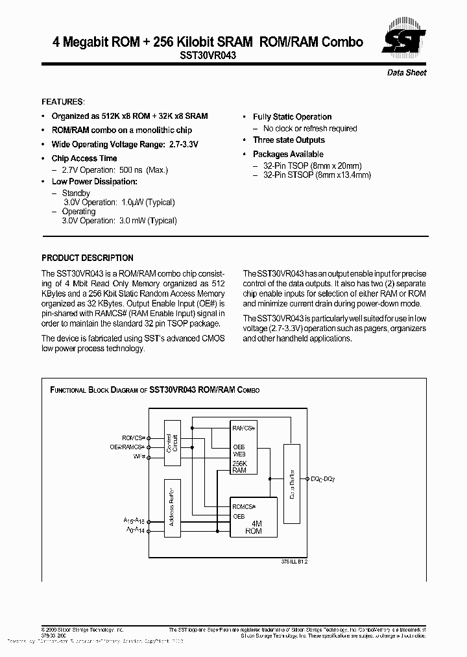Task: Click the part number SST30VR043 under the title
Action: (x=208, y=56)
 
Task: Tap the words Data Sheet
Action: (x=407, y=73)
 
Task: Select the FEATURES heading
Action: (x=63, y=102)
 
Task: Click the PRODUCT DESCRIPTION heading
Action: (x=88, y=258)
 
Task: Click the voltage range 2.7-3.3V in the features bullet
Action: (x=178, y=145)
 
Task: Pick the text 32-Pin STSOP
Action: (x=289, y=175)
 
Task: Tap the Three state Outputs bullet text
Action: (x=289, y=140)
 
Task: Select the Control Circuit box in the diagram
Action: (x=172, y=444)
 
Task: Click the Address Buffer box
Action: (x=172, y=509)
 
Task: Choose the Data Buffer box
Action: (x=292, y=484)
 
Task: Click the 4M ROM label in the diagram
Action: (x=254, y=527)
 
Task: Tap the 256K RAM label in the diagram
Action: (x=239, y=467)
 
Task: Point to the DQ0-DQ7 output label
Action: (x=322, y=478)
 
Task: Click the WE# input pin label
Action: (x=139, y=456)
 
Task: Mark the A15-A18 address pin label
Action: (x=134, y=521)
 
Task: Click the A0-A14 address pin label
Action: (x=134, y=531)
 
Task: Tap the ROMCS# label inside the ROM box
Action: (x=245, y=506)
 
